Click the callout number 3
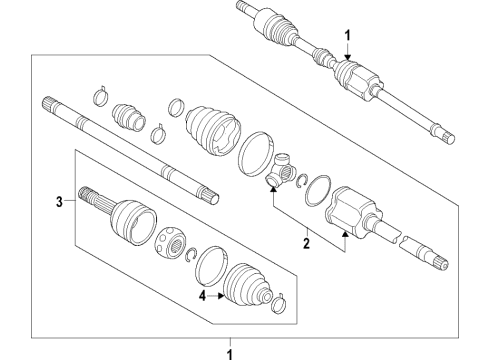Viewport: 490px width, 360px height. pyautogui.click(x=59, y=201)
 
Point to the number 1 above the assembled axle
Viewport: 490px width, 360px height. pyautogui.click(x=348, y=36)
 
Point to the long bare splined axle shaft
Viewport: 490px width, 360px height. pyautogui.click(x=130, y=150)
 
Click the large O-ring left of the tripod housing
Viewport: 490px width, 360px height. pyautogui.click(x=319, y=189)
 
